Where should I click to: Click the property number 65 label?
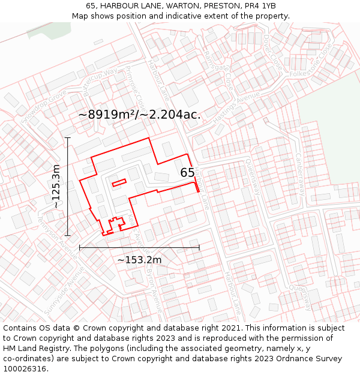coord(188,173)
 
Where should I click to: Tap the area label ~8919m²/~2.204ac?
coord(140,114)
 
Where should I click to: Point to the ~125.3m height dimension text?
coord(56,186)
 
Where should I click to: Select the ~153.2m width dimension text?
coord(139,260)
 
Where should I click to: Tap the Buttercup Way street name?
coord(101,82)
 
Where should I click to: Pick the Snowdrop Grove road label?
coord(44,107)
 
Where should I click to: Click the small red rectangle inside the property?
coord(118,182)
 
